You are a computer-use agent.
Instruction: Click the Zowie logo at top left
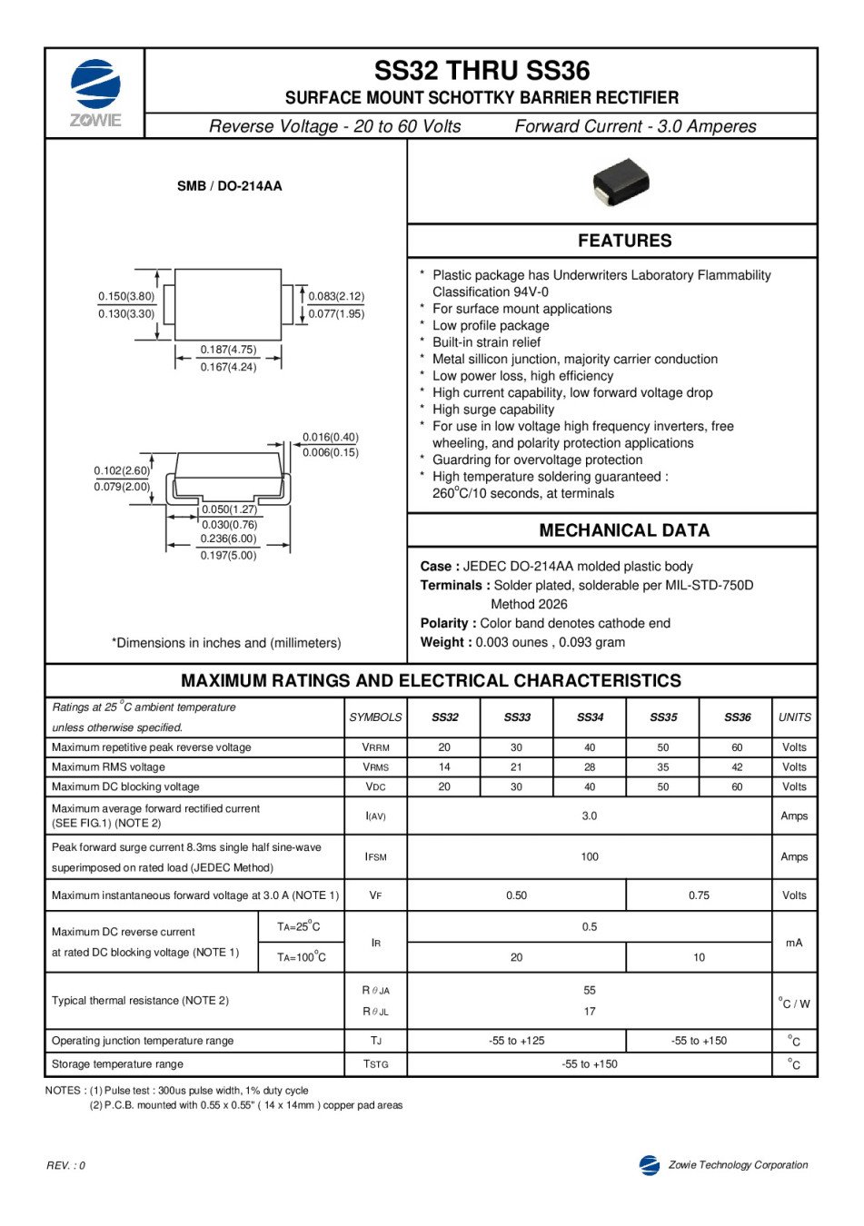(x=95, y=92)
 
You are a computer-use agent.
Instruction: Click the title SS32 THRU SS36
(x=482, y=71)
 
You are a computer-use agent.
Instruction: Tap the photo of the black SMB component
(x=621, y=182)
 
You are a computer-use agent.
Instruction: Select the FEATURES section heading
(x=624, y=241)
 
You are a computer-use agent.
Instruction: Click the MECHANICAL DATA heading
(x=624, y=530)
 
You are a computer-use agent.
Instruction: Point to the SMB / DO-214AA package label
(x=229, y=186)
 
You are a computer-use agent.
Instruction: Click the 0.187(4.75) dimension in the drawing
(x=228, y=350)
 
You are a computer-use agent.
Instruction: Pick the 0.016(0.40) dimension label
(x=330, y=437)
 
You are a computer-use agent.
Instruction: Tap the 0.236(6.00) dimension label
(x=228, y=539)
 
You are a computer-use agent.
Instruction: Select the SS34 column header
(x=590, y=717)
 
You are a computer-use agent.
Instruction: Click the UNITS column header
(x=794, y=717)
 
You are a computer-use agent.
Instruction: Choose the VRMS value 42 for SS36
(x=736, y=767)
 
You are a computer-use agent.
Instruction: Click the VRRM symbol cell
(x=375, y=747)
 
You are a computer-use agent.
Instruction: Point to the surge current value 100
(x=590, y=856)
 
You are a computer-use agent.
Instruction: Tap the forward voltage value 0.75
(x=699, y=895)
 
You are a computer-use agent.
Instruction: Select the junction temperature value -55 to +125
(x=516, y=1041)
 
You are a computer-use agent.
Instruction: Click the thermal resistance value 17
(x=590, y=1012)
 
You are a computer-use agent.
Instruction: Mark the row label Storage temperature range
(x=117, y=1064)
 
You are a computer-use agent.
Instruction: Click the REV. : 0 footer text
(x=66, y=1166)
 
